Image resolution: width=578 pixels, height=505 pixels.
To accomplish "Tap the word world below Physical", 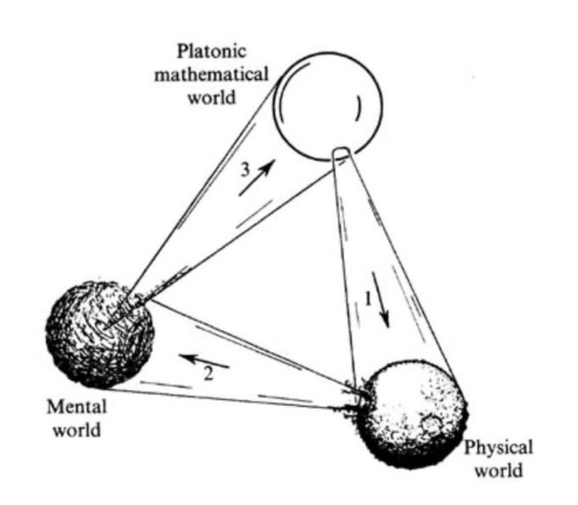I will point(498,470).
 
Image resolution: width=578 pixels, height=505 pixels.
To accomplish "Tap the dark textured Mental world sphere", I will point(100,334).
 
